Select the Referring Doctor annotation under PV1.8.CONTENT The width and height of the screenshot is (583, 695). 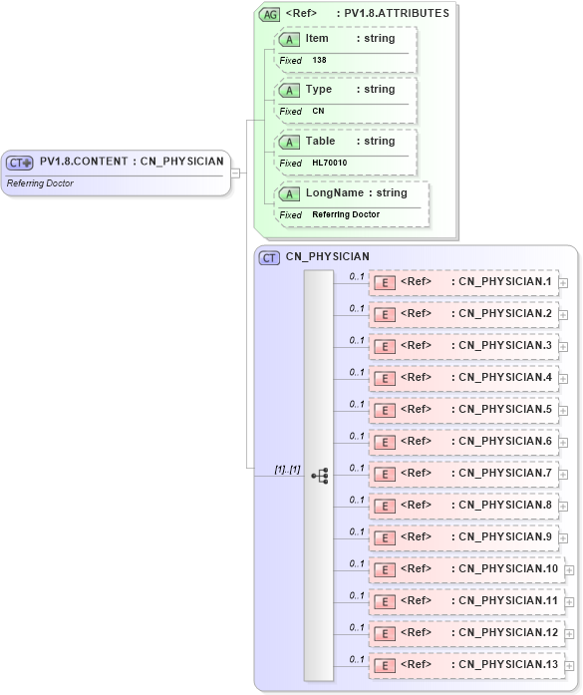point(40,183)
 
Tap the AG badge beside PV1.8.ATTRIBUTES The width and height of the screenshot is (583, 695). point(269,14)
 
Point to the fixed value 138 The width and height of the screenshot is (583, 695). point(319,60)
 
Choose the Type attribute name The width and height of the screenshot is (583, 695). point(318,89)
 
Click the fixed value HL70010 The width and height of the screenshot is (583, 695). point(329,163)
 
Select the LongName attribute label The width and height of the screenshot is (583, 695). point(335,192)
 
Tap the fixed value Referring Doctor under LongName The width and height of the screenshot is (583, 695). point(345,214)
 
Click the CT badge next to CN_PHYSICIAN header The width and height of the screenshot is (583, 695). point(269,257)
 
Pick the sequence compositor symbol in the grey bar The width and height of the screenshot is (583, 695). point(319,477)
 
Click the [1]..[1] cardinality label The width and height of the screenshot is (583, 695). point(287,469)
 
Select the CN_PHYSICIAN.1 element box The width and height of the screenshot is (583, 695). point(463,282)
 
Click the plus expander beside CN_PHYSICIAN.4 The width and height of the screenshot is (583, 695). point(563,379)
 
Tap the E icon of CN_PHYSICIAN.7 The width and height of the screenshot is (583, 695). point(384,474)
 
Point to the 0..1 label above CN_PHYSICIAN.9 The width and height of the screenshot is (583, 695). point(356,531)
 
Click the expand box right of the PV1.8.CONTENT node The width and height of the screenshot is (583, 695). point(236,173)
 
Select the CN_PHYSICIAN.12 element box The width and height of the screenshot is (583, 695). point(466,633)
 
